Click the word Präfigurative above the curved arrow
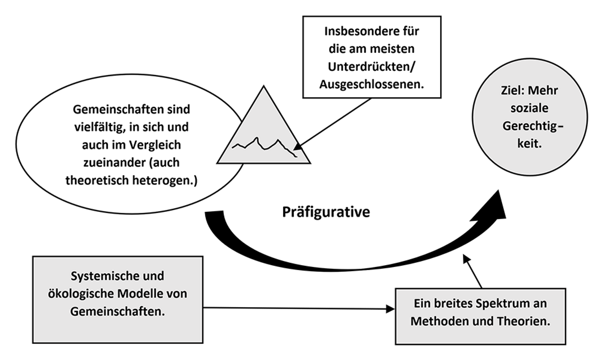tap(326, 212)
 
